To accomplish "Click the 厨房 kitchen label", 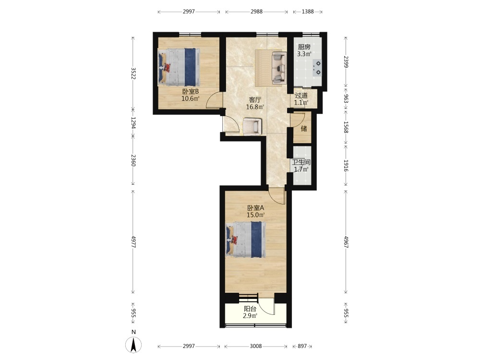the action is tap(304, 47).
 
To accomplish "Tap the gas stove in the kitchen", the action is tap(317, 68).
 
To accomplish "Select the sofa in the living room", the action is tap(279, 68).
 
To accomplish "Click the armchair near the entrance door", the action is tap(252, 126).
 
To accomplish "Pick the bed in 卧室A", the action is tap(246, 240).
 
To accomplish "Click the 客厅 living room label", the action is tap(255, 100).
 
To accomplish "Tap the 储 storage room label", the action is tap(304, 128).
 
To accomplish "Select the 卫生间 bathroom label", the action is tap(301, 162).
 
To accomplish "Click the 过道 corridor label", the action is tap(301, 96).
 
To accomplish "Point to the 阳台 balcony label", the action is tap(250, 309).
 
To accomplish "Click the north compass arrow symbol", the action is tap(133, 345).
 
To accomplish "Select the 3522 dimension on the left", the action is tap(133, 73).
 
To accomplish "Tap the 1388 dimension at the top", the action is tap(308, 12).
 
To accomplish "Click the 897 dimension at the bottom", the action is tap(302, 346).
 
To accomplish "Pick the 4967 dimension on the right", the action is tap(346, 242).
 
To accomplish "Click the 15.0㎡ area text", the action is tap(256, 215).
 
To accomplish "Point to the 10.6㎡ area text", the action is tap(191, 98).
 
